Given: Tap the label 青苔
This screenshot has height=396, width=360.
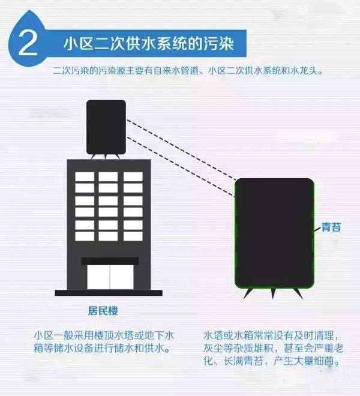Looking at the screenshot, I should point(332,229).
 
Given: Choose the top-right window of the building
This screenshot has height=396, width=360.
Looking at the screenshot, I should point(133,176).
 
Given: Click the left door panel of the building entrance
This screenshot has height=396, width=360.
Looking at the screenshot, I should point(98,277).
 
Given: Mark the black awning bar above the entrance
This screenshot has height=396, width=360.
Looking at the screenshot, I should point(110,261).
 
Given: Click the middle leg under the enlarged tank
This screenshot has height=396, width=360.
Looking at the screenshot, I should point(272,293).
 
